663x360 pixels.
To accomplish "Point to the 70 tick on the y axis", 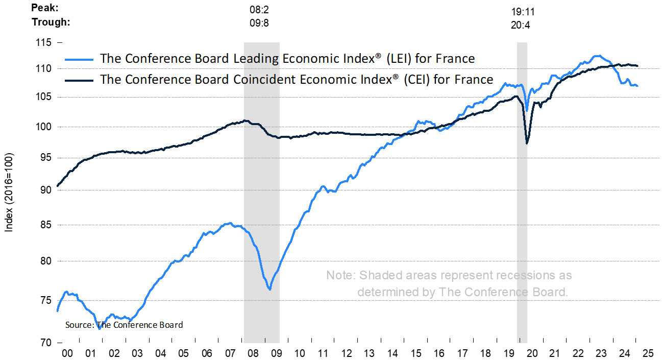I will (45, 342).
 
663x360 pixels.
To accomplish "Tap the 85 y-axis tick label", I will (45, 225).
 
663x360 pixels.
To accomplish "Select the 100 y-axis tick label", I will (44, 127).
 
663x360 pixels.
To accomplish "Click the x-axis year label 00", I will (67, 353).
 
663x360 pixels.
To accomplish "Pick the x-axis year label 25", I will (648, 353).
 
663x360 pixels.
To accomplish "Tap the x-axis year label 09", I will (276, 353).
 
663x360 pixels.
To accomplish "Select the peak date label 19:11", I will (523, 11).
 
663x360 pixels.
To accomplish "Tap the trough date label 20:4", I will (521, 25).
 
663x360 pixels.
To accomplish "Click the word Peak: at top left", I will (45, 9).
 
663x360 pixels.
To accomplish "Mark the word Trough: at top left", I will (51, 22).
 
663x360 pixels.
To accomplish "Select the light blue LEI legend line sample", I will (78, 59).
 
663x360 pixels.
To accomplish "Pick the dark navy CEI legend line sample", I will (78, 80).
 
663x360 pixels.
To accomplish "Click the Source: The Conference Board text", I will (124, 325).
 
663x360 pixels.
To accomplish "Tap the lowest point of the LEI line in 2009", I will (269, 290).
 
